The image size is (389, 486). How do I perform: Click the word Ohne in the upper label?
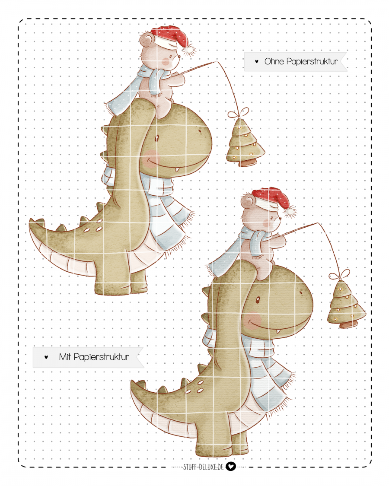(274, 61)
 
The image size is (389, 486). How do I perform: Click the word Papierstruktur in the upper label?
(312, 62)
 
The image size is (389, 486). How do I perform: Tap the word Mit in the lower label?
(65, 357)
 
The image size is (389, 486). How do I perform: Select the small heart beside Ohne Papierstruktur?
(257, 61)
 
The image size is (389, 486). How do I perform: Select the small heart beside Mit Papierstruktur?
(46, 357)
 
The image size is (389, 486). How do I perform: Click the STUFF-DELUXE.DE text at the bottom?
(203, 467)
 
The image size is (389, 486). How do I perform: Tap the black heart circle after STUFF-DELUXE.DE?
(230, 466)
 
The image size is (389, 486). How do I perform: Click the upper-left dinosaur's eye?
(156, 138)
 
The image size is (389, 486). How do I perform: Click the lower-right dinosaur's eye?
(258, 300)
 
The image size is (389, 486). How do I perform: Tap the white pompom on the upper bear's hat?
(188, 50)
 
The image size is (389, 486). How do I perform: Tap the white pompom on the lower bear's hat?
(290, 212)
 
